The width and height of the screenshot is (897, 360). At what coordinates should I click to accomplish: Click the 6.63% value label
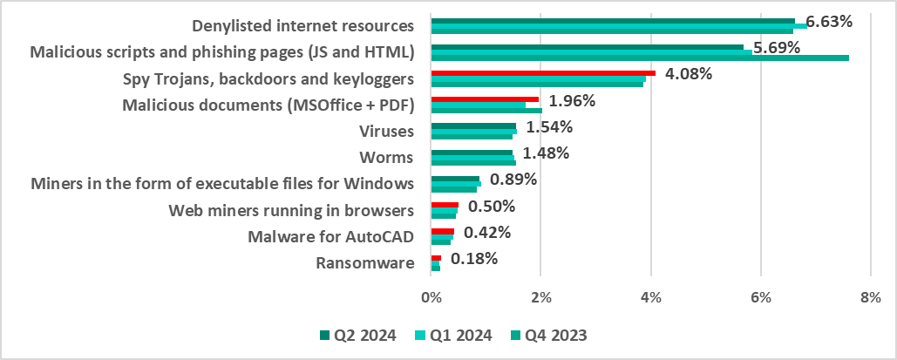(x=829, y=21)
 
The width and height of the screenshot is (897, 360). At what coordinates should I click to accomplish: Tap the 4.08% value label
(x=688, y=73)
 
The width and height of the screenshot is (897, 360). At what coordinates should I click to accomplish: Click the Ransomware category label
(x=364, y=262)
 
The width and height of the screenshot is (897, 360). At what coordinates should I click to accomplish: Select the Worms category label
(x=385, y=158)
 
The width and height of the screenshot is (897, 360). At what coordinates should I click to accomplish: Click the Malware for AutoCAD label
(x=330, y=236)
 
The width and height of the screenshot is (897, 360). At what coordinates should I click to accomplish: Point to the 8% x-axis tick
(x=870, y=298)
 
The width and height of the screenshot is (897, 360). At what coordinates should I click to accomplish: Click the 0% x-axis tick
(x=432, y=298)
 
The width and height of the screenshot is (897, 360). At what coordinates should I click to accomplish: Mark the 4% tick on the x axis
(x=650, y=298)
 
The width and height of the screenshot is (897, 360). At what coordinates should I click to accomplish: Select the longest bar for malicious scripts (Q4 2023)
(x=640, y=58)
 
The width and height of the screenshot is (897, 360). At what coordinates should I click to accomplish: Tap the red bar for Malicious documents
(x=485, y=99)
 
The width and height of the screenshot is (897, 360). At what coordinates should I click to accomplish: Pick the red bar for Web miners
(x=445, y=205)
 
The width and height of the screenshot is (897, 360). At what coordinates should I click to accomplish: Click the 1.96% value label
(x=572, y=100)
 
